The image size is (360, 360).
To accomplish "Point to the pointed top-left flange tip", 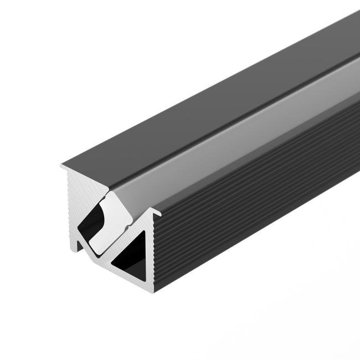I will (61, 165).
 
